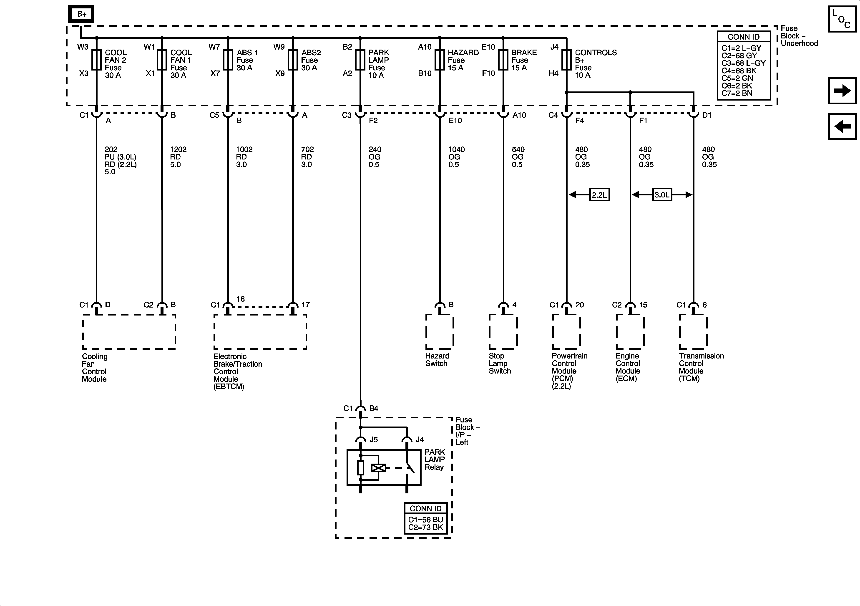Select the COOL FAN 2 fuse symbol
[97, 60]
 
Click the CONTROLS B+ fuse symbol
[566, 60]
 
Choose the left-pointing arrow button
[842, 126]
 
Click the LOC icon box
[842, 19]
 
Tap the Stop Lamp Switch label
[500, 363]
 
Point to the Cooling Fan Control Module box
[129, 332]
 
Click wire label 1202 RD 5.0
[178, 157]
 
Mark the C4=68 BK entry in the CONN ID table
[739, 71]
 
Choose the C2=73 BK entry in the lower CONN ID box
[425, 527]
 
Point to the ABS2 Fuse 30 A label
[311, 60]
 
